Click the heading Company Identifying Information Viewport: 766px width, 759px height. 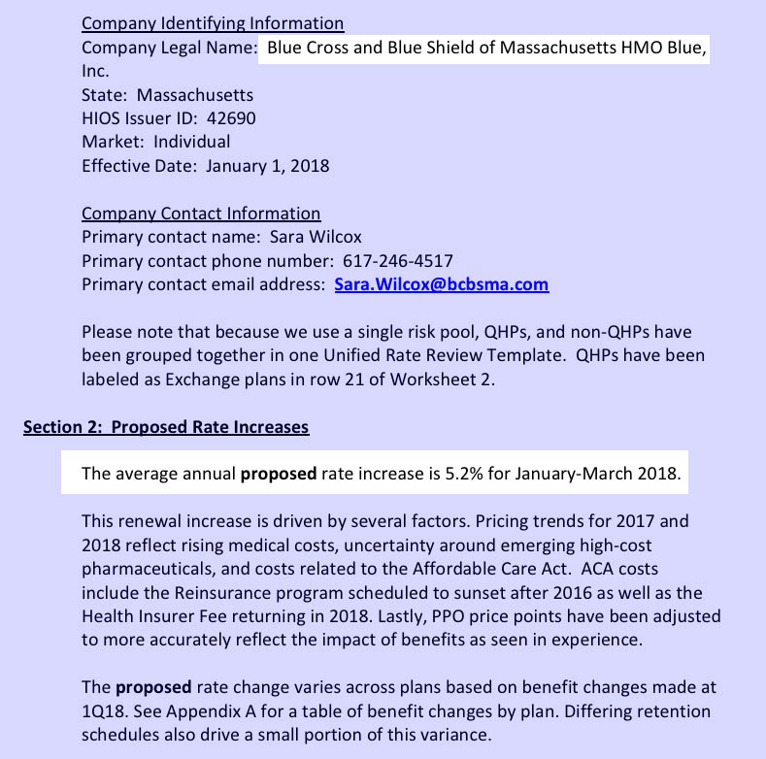(213, 23)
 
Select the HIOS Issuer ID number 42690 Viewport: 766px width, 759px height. (235, 118)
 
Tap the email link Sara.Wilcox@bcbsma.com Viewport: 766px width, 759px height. (442, 284)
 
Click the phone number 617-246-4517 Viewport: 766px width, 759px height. (398, 261)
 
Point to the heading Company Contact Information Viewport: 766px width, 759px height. (201, 214)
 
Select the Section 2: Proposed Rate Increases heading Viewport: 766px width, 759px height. (166, 427)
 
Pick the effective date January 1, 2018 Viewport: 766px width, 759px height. (268, 166)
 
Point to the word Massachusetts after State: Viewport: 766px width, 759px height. (195, 95)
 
